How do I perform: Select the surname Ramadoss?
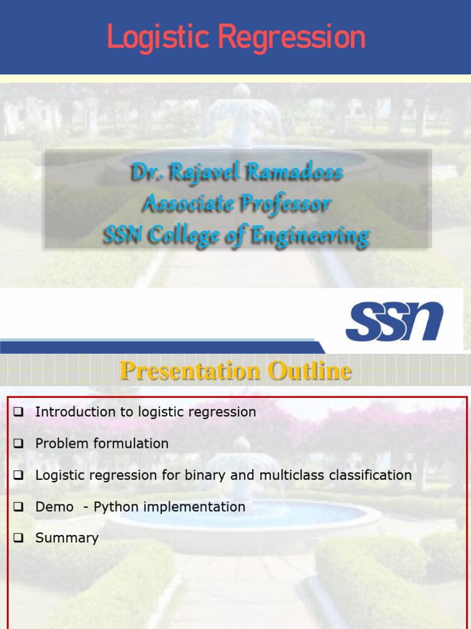[295, 172]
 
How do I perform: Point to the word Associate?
[190, 203]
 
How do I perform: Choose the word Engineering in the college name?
[311, 236]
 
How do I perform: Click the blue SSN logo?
[395, 321]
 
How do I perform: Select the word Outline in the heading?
[310, 370]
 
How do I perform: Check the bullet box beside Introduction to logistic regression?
[18, 412]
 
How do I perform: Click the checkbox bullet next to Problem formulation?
[18, 443]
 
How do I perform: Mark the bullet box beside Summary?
[18, 538]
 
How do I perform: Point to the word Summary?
[67, 539]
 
